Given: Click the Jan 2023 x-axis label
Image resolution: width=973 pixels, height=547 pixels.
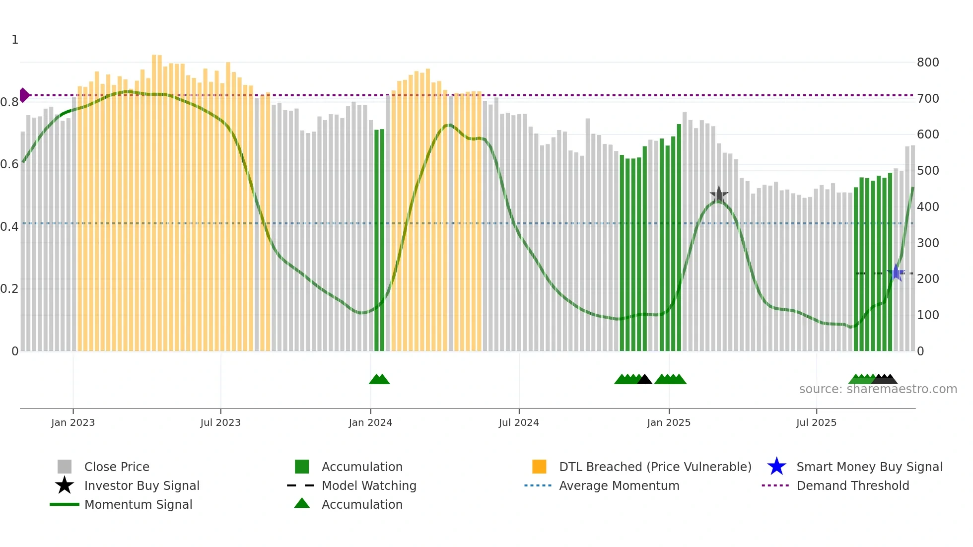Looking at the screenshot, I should [x=72, y=422].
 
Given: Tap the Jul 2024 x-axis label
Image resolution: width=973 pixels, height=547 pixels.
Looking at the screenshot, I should [x=519, y=422].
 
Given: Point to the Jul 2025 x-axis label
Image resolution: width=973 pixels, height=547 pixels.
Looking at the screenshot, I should [x=816, y=422].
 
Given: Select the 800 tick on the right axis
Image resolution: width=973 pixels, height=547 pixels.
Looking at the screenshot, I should [x=928, y=63].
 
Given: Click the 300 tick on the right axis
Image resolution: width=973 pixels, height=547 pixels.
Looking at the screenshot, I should [x=928, y=243].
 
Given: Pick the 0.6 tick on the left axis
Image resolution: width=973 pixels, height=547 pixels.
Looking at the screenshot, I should [x=9, y=164].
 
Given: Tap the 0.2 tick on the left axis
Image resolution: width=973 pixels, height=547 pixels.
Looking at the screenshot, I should [x=9, y=289].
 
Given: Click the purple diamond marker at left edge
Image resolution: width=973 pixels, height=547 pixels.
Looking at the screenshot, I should [x=24, y=95].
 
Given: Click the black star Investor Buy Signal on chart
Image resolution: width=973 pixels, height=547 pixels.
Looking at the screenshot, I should [x=718, y=195].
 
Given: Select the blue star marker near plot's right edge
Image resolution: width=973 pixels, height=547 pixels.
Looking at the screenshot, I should [x=897, y=273].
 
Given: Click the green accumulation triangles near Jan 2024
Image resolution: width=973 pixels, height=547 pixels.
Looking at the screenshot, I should [x=379, y=379].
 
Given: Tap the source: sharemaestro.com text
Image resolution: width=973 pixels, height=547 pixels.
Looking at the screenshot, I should [x=878, y=389].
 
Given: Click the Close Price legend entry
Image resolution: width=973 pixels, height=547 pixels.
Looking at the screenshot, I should [x=117, y=467].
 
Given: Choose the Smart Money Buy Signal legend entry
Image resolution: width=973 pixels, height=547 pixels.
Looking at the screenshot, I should [x=869, y=467].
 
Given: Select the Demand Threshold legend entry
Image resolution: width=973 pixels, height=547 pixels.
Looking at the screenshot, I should [x=852, y=485].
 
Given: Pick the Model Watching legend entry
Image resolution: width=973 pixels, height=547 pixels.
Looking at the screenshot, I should [x=369, y=485].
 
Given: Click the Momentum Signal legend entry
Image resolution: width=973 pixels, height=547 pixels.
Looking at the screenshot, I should [x=138, y=504].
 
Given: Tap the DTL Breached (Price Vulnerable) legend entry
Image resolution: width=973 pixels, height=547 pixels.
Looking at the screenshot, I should [x=655, y=467].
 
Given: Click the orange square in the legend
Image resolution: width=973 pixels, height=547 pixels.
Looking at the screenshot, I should [x=539, y=467].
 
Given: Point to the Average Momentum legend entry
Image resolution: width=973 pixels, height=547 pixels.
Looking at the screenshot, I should [x=619, y=485].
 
